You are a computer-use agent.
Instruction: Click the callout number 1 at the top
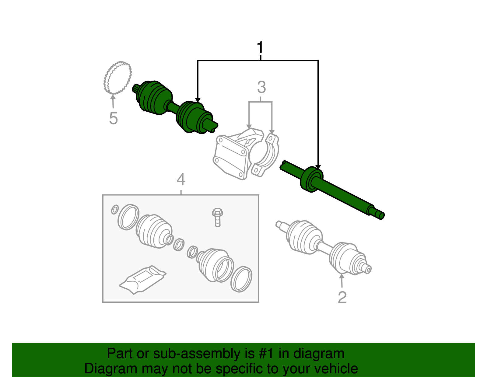click(x=260, y=47)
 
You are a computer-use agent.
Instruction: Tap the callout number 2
click(x=342, y=297)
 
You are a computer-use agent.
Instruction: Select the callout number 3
click(x=261, y=87)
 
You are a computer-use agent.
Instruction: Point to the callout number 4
click(x=181, y=180)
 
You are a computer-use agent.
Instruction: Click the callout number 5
click(x=114, y=118)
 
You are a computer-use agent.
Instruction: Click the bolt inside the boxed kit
click(x=217, y=217)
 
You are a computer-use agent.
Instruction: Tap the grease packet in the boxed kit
click(x=143, y=280)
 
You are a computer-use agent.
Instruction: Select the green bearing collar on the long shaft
click(x=311, y=179)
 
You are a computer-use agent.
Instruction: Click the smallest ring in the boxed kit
click(x=115, y=210)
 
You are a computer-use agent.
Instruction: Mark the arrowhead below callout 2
click(x=342, y=276)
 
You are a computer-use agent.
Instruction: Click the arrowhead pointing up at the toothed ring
click(x=113, y=97)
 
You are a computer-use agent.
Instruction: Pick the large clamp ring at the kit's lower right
click(x=241, y=280)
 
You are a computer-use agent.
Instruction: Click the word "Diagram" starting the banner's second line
click(x=111, y=369)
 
